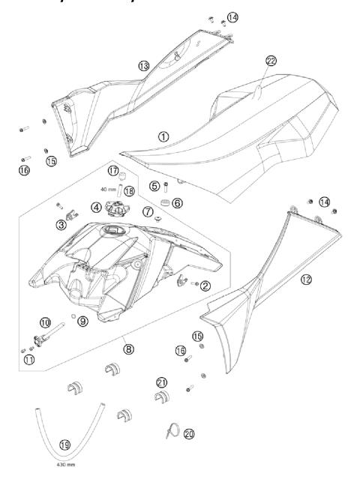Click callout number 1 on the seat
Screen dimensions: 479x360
coord(163,136)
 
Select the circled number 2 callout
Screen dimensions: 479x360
coord(205,285)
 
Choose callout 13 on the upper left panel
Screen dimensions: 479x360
coord(143,66)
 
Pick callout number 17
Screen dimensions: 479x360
coord(112,172)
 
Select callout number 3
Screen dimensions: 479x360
coord(61,223)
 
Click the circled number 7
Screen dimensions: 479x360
coord(147,212)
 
